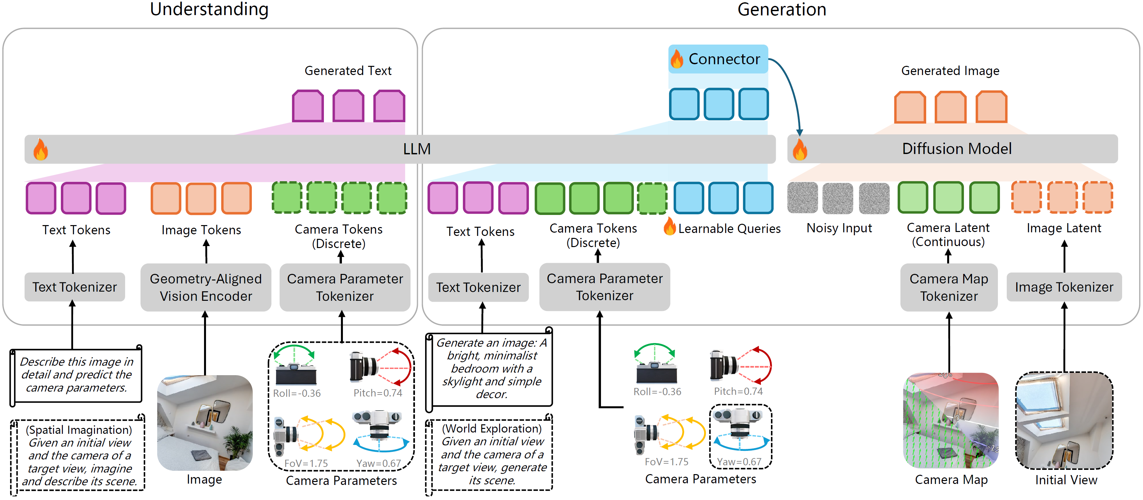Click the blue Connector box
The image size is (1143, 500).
pyautogui.click(x=718, y=59)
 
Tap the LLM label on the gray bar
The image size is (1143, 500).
pyautogui.click(x=417, y=149)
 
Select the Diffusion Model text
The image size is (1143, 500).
pyautogui.click(x=957, y=149)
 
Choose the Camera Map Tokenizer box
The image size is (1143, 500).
pyautogui.click(x=949, y=287)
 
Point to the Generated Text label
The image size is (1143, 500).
pyautogui.click(x=348, y=70)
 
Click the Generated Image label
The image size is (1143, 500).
pyautogui.click(x=950, y=70)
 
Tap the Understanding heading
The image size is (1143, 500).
pyautogui.click(x=209, y=9)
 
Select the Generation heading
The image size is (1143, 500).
pyautogui.click(x=781, y=9)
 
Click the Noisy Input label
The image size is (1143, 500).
pyautogui.click(x=839, y=228)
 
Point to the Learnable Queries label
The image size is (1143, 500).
pyautogui.click(x=729, y=229)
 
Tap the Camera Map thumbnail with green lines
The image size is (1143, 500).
pyautogui.click(x=950, y=420)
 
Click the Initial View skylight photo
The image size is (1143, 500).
pyautogui.click(x=1064, y=420)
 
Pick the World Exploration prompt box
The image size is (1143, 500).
pyautogui.click(x=492, y=454)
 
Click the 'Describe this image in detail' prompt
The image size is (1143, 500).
pyautogui.click(x=76, y=375)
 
